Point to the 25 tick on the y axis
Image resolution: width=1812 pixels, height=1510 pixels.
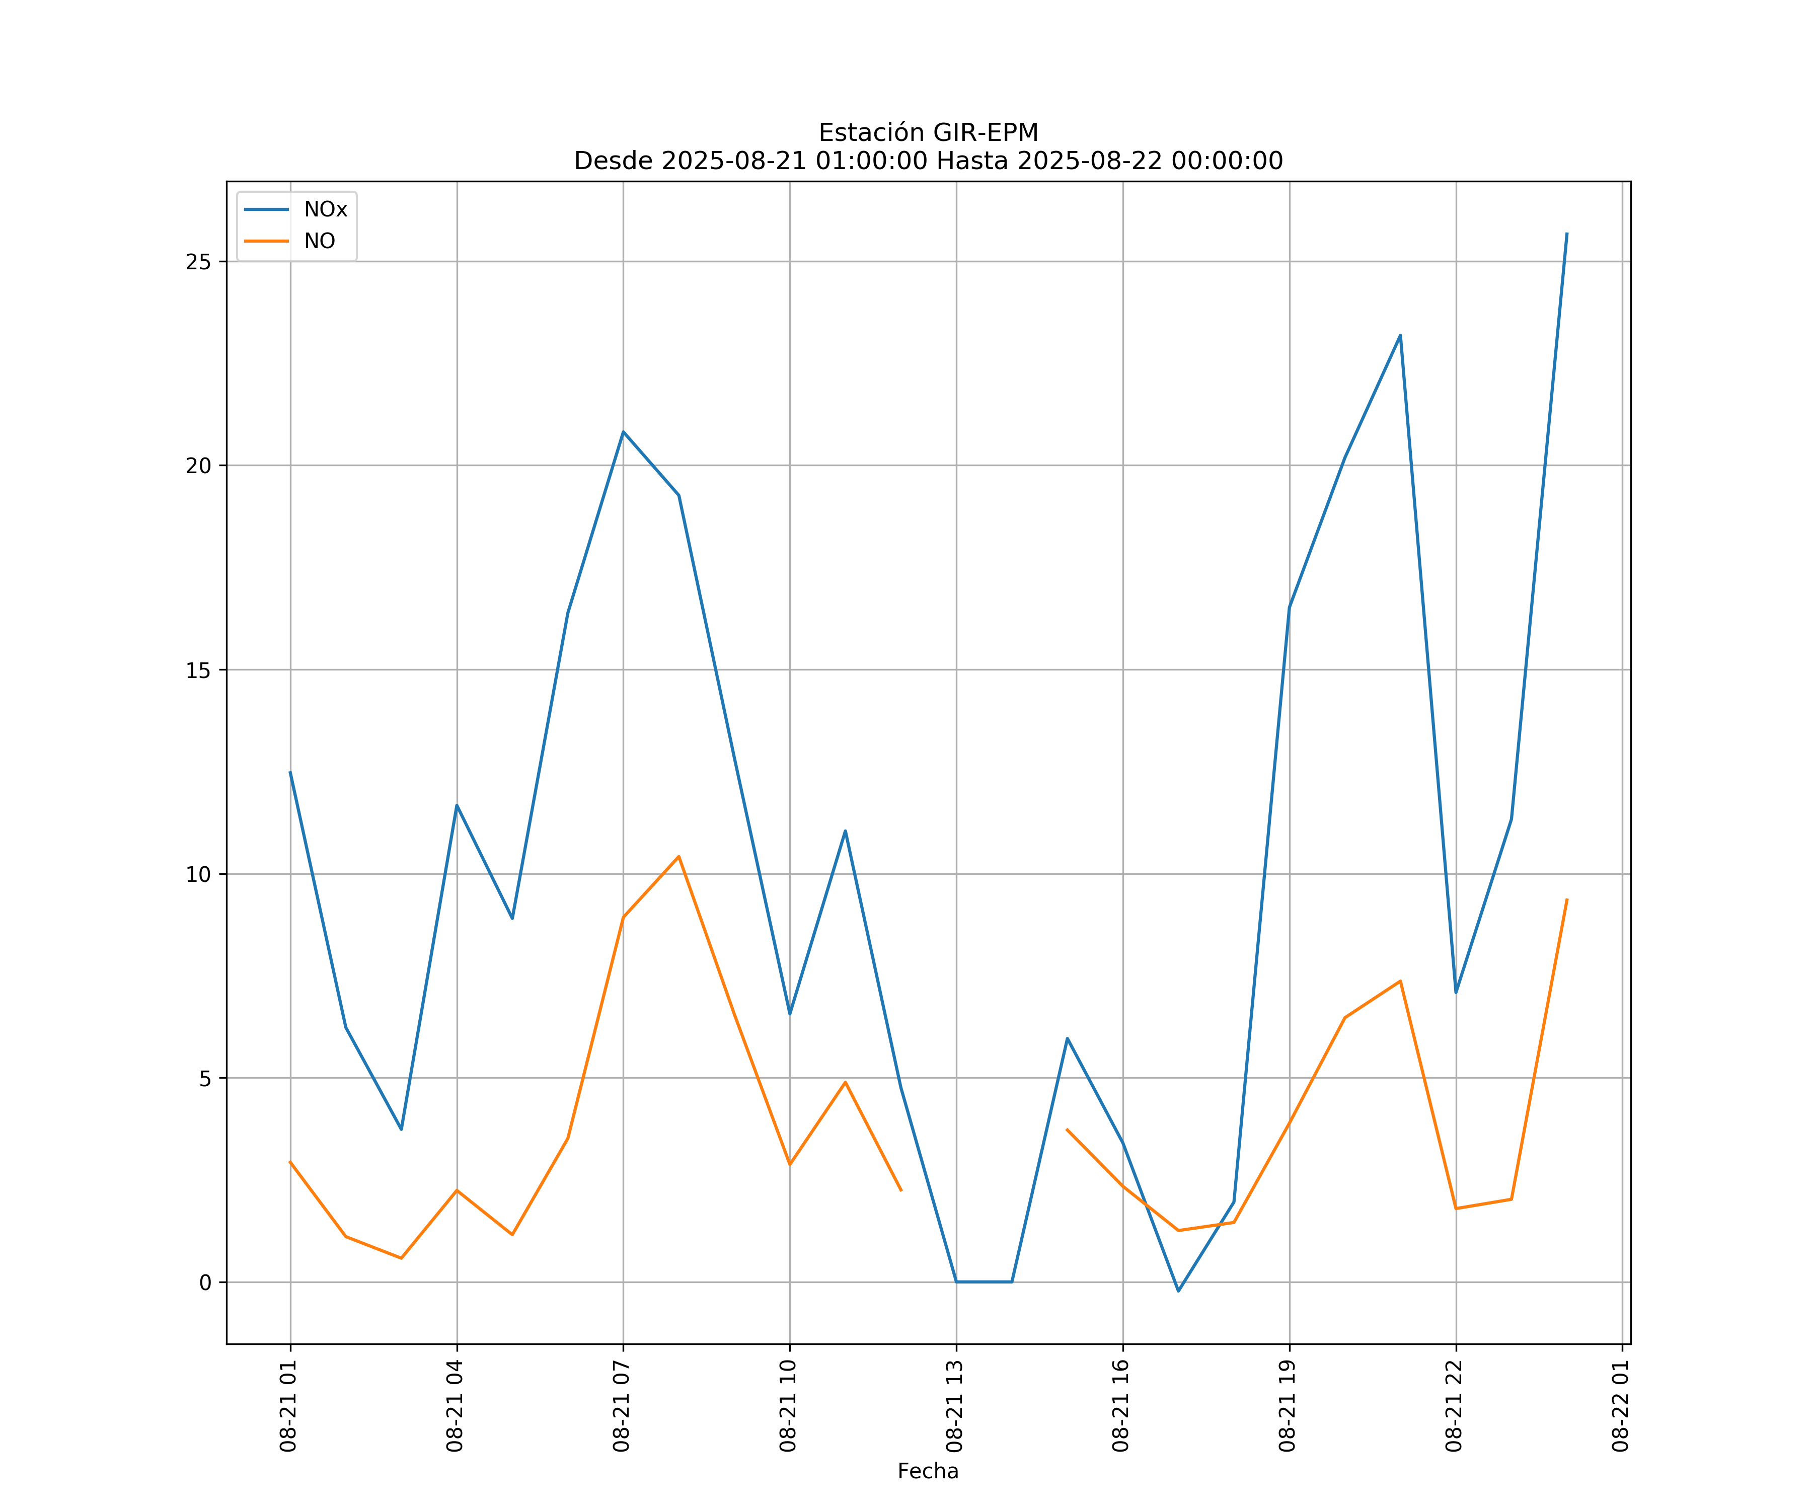point(198,261)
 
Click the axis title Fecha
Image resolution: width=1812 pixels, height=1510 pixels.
point(928,1471)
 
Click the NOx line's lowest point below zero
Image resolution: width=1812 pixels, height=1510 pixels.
point(1178,1291)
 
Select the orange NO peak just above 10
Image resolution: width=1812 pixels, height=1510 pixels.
point(678,856)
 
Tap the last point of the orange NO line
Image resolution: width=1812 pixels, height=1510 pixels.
point(1566,900)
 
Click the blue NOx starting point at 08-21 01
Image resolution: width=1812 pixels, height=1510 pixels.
point(290,772)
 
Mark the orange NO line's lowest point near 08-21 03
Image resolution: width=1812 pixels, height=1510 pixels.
point(401,1258)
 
